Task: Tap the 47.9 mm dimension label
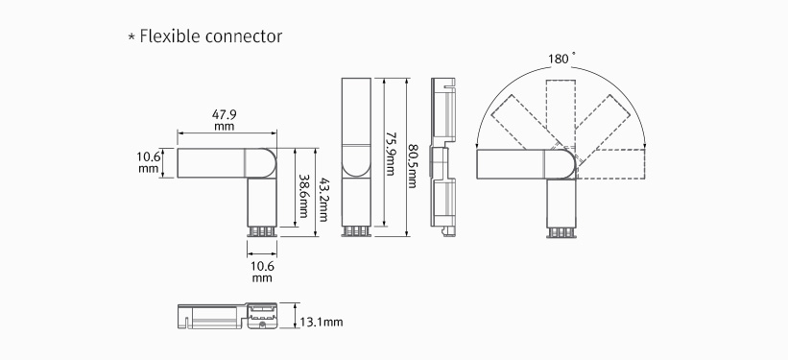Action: (x=225, y=120)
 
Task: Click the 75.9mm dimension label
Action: (x=390, y=154)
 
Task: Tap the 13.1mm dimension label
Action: (x=322, y=322)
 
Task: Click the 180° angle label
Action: (x=559, y=59)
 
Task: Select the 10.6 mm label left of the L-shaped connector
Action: (x=148, y=162)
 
